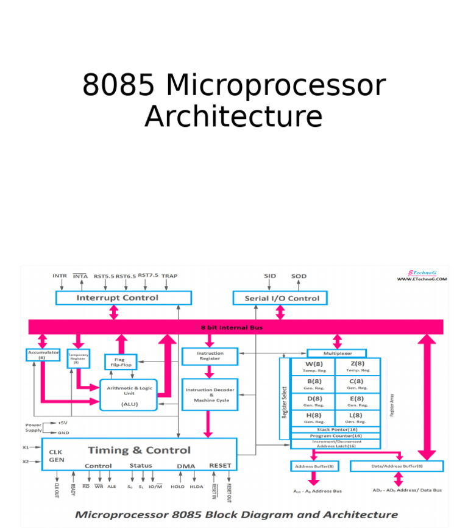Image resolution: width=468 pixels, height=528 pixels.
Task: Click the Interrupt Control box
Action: click(123, 298)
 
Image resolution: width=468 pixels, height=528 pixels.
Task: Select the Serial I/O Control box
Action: click(281, 298)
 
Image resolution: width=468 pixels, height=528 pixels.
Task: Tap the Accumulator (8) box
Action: click(43, 354)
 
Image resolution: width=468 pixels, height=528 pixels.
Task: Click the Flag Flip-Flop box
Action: click(119, 362)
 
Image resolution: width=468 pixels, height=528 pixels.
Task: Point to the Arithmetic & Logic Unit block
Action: click(129, 394)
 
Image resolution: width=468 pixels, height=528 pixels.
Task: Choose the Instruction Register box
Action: click(210, 356)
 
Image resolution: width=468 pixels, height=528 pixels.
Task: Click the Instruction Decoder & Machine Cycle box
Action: click(210, 394)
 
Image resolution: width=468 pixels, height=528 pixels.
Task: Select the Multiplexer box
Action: click(337, 353)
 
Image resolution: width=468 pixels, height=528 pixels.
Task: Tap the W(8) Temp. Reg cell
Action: click(313, 366)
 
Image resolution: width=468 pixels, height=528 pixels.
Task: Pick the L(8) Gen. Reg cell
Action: click(357, 418)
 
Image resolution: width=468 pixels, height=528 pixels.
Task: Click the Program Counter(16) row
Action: click(336, 436)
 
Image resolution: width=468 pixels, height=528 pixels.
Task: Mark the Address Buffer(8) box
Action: click(314, 466)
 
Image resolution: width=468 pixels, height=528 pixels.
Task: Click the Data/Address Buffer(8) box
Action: click(397, 466)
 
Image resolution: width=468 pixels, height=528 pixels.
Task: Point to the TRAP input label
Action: click(169, 276)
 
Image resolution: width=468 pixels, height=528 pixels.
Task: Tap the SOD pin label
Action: click(299, 276)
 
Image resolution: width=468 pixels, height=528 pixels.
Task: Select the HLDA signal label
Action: click(196, 487)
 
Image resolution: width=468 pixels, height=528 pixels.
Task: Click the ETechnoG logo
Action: click(422, 275)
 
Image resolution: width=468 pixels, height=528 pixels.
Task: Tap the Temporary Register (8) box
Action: click(78, 359)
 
